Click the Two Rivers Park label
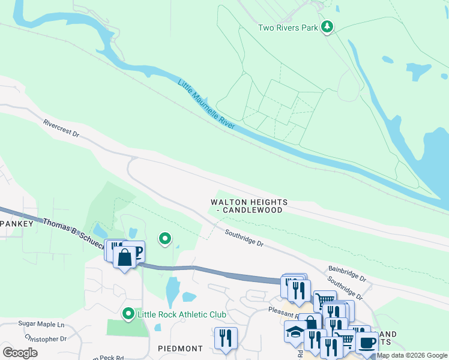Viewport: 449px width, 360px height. (288, 28)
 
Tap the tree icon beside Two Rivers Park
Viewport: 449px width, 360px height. (327, 27)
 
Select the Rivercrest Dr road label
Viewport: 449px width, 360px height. (61, 129)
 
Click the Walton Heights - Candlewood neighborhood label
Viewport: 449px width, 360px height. (249, 206)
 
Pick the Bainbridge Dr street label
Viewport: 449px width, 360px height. (347, 274)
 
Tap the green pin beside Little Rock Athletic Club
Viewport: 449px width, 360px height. (127, 314)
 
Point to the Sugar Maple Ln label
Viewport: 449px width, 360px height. (41, 324)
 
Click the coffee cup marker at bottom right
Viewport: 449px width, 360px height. (366, 343)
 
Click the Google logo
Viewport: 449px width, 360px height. (20, 353)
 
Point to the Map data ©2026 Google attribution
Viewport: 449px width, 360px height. (412, 356)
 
